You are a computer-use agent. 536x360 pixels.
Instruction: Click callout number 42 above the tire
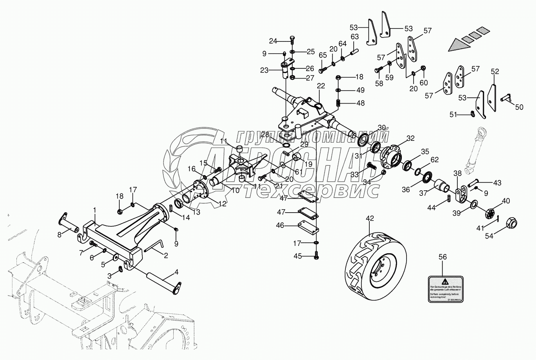(370, 219)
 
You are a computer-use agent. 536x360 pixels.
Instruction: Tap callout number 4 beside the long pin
(176, 271)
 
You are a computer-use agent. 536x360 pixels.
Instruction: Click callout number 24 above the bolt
(273, 41)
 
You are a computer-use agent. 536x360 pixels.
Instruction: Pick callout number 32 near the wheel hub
(410, 138)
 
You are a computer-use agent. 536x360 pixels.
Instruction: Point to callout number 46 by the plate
(280, 225)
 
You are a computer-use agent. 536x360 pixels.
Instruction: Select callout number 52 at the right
(495, 72)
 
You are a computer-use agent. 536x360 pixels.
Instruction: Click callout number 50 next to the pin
(519, 107)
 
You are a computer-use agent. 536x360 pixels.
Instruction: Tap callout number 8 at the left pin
(59, 235)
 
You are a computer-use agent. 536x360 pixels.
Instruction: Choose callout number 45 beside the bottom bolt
(298, 256)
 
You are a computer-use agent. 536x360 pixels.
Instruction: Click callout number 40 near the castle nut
(506, 201)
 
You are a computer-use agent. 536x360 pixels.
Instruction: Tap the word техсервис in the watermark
(311, 190)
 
